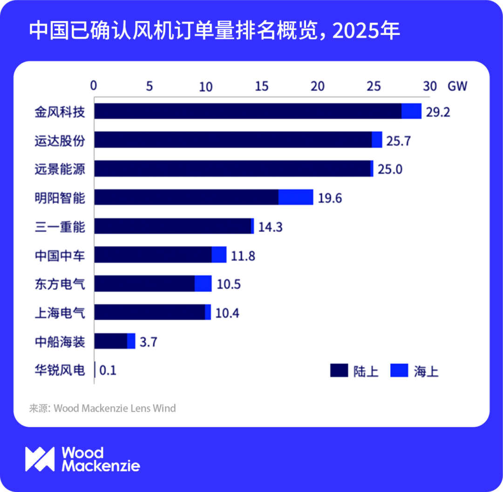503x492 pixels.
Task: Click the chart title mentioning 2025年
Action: (214, 31)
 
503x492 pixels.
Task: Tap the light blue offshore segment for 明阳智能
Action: (296, 197)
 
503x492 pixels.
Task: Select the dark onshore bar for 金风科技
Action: (248, 111)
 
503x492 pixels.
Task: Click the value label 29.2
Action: (438, 113)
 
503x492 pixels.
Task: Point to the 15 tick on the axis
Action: (262, 86)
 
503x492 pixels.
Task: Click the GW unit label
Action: (457, 86)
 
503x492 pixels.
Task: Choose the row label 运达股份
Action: (60, 140)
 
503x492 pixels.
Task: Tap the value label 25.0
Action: (390, 169)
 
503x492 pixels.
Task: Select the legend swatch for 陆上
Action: (339, 371)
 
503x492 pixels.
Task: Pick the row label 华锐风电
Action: (60, 370)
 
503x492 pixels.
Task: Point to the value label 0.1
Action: (108, 371)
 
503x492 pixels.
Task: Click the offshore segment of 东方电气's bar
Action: (203, 283)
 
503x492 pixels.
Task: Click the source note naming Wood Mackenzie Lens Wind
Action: (102, 409)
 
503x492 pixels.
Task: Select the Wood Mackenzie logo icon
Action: (40, 459)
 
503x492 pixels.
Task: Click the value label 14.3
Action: (271, 227)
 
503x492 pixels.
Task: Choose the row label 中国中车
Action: (60, 255)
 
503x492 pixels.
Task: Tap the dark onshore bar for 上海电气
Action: (150, 312)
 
